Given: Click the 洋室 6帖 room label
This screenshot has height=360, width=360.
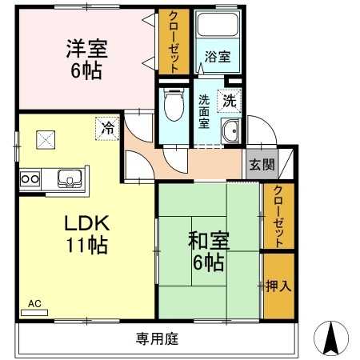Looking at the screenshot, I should coord(87,58).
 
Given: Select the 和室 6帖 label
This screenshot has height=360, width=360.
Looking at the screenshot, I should coord(208,250).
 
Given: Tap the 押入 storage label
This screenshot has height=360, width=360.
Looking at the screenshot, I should coord(276,285).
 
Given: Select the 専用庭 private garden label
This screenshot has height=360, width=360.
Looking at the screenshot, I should coord(157,338).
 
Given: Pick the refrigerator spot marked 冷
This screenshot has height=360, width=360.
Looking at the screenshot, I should coord(106,126).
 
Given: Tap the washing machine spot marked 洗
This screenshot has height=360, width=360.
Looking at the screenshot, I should coord(229,102).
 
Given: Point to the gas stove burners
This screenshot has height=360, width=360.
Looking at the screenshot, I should coord(30,178).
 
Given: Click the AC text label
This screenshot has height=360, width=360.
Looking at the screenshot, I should coord(34,303).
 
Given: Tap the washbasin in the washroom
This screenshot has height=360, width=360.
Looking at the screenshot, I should coord(231,132).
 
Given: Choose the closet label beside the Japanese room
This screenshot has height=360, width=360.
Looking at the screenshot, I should coord(278,215).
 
